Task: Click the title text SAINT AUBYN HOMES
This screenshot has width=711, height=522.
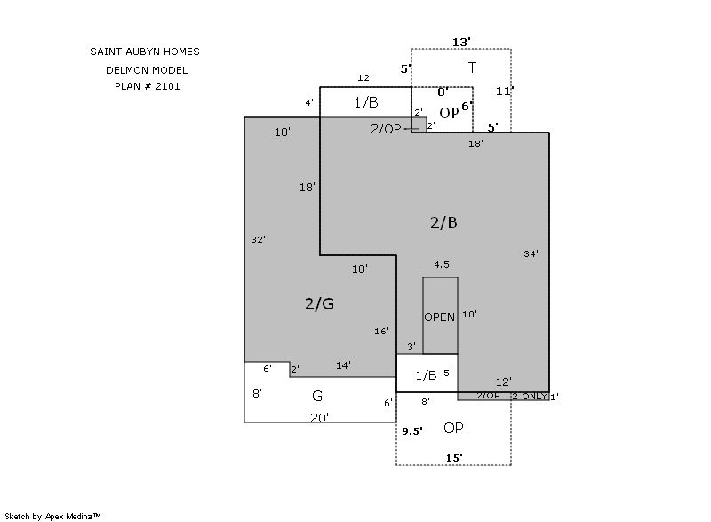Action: tap(145, 52)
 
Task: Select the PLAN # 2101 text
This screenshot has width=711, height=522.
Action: tap(148, 86)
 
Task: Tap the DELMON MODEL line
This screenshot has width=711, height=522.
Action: tap(147, 70)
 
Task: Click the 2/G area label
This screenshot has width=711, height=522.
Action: tap(320, 303)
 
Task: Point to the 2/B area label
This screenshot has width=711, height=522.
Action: tap(443, 222)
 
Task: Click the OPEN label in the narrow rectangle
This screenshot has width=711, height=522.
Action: tap(439, 317)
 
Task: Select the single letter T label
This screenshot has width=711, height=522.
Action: tap(472, 68)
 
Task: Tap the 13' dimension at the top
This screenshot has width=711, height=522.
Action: tap(461, 42)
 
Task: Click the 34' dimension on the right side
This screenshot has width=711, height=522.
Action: tap(531, 254)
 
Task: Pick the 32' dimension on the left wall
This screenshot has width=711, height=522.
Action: tap(258, 239)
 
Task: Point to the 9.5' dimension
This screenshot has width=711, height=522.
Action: tap(412, 430)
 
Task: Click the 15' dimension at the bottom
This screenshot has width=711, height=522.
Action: tap(454, 458)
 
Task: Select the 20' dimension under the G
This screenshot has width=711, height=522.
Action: tap(320, 418)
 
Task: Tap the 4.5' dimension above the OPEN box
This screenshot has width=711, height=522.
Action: tap(443, 264)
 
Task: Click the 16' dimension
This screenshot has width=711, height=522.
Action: tap(381, 331)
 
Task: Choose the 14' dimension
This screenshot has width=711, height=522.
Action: tap(343, 365)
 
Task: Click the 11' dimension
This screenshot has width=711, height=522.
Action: tap(505, 92)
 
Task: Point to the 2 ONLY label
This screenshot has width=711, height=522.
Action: tap(530, 396)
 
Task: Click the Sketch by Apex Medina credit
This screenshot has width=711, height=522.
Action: tap(53, 516)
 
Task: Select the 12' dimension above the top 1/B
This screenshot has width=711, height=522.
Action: tap(364, 77)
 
